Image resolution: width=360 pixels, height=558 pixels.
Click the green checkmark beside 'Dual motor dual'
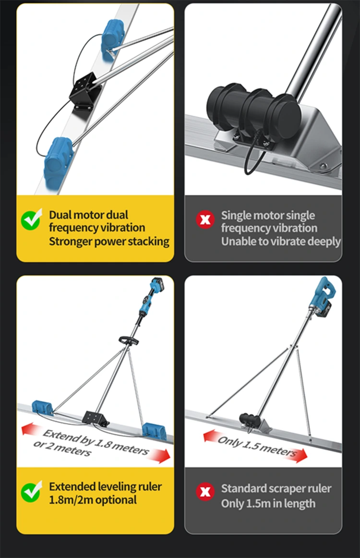[31, 219]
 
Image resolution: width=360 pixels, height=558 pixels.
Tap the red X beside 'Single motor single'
[205, 219]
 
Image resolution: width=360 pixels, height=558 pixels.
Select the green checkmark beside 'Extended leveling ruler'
[31, 492]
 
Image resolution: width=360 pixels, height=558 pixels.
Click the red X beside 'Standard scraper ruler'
[205, 492]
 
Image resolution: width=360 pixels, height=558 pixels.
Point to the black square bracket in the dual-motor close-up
[84, 91]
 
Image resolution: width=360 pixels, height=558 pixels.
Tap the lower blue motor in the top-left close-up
[59, 162]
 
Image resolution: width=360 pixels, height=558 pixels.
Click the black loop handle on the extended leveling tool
[129, 340]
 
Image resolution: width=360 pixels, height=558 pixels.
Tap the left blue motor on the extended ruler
[42, 408]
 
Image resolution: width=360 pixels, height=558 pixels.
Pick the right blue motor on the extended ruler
[154, 430]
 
